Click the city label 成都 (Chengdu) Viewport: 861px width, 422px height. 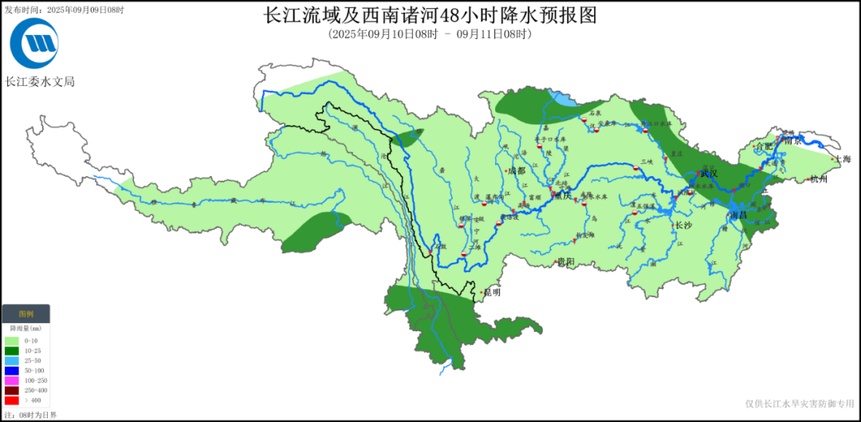tap(517, 170)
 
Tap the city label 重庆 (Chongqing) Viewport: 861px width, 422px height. tap(563, 196)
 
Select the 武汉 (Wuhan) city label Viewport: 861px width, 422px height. tap(709, 173)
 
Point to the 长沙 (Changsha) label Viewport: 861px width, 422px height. tap(683, 225)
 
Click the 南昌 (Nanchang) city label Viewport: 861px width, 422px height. tap(739, 216)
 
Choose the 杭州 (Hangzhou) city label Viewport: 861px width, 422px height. tap(819, 180)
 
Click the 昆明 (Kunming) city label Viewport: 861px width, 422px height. tap(492, 292)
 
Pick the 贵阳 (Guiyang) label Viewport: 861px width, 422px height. tap(565, 261)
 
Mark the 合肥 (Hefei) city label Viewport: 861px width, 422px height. tap(764, 147)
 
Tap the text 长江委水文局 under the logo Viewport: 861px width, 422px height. tap(40, 81)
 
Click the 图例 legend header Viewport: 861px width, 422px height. tap(26, 315)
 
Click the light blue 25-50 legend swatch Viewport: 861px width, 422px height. tap(11, 361)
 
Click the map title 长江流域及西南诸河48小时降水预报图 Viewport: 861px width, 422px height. tap(430, 16)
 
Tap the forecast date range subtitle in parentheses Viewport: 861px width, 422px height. tap(430, 34)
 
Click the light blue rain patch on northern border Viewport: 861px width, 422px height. tap(564, 100)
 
